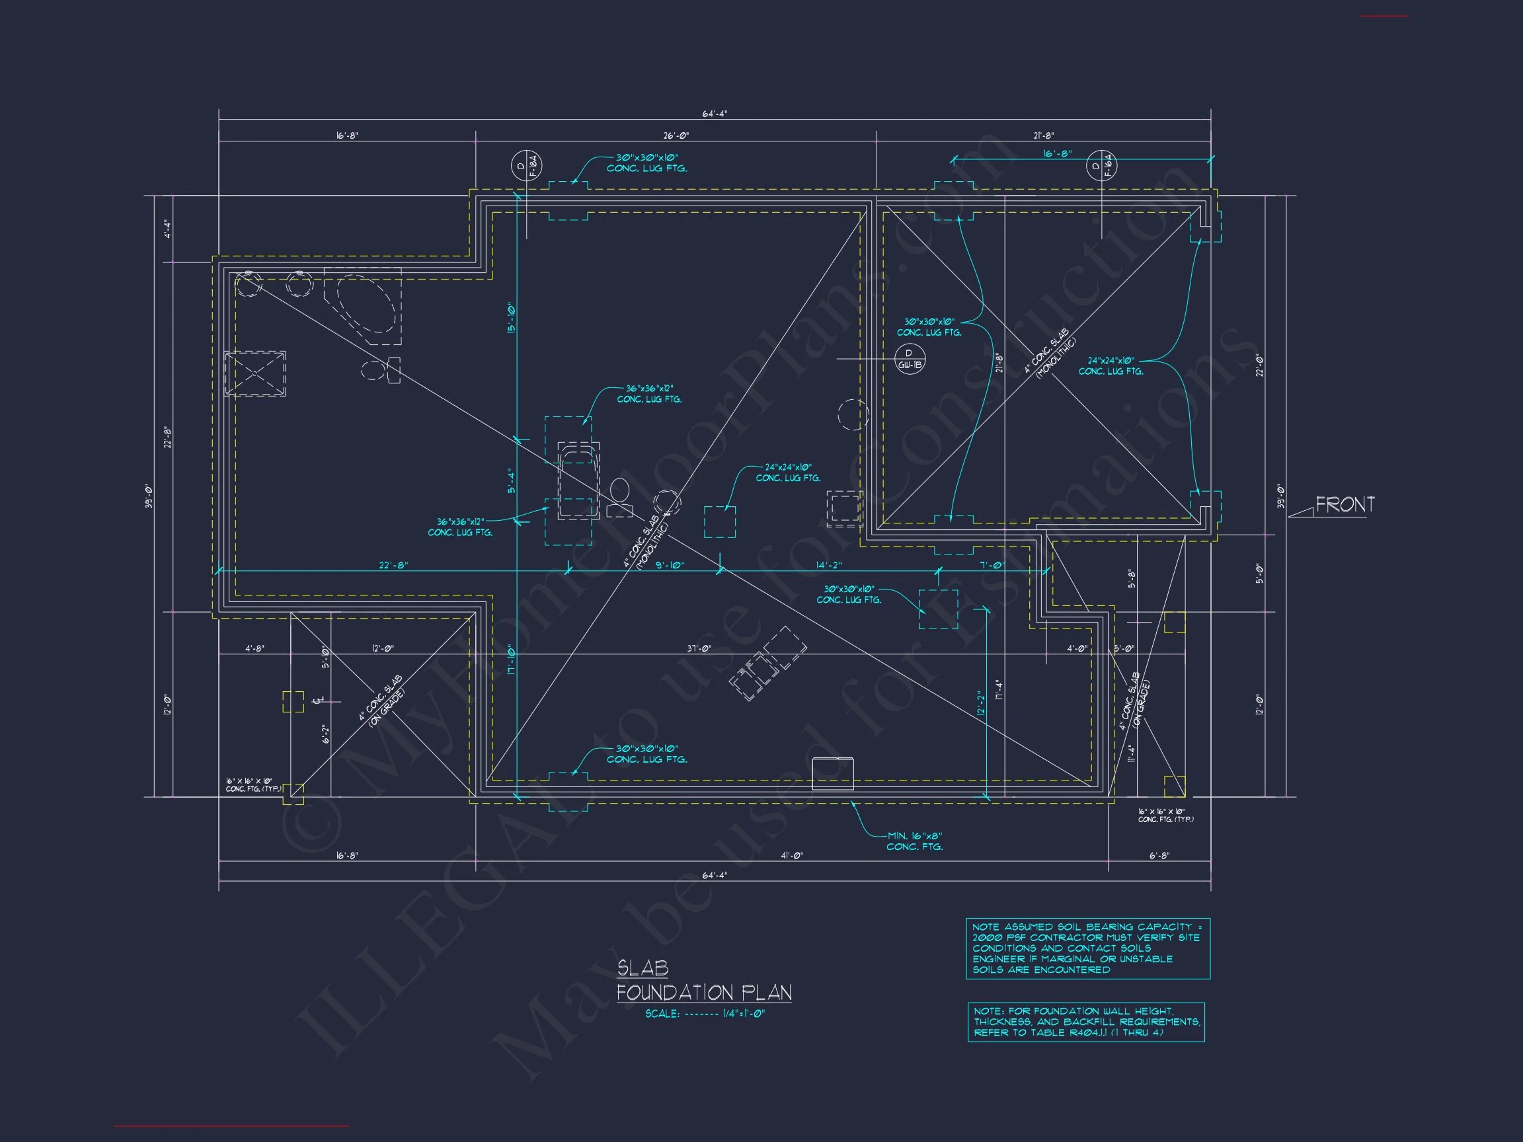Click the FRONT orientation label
(x=1345, y=504)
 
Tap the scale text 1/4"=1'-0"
(x=743, y=1013)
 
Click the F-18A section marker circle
(x=526, y=166)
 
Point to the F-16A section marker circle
(x=1102, y=166)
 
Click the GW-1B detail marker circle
(x=910, y=360)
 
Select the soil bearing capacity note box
(x=1088, y=948)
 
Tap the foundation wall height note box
(x=1086, y=1022)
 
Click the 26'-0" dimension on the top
(x=676, y=135)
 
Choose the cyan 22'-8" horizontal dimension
(x=393, y=565)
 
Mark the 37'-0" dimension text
(x=699, y=648)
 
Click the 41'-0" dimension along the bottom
(x=792, y=856)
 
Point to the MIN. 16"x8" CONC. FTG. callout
(x=914, y=841)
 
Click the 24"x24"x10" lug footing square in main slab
(x=719, y=522)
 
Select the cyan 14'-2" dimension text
(x=829, y=565)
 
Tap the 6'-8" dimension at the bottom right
(x=1159, y=856)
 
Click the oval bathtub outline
(x=367, y=305)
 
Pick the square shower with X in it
(x=255, y=373)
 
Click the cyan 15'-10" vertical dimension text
(x=511, y=318)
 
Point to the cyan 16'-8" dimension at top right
(x=1057, y=153)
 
